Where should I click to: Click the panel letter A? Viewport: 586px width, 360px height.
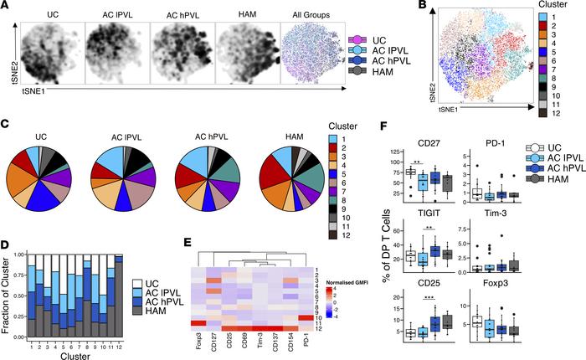6,7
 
